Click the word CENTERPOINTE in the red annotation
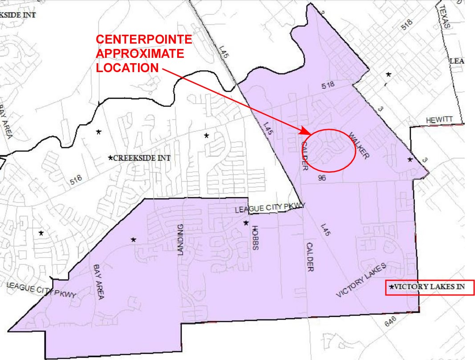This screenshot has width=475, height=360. tap(144, 40)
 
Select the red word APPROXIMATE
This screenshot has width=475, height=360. tap(140, 54)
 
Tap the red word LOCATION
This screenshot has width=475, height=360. tap(127, 68)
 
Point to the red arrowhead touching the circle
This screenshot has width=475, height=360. tap(306, 132)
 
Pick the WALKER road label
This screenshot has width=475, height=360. tap(359, 146)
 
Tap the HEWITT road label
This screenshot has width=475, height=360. tap(438, 120)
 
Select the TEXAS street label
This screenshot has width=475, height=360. tap(445, 17)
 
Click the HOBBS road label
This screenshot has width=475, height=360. tap(255, 238)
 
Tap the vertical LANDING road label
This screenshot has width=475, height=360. tap(181, 240)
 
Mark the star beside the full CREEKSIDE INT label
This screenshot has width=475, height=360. tap(110, 158)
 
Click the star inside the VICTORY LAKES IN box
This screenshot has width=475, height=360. tap(391, 287)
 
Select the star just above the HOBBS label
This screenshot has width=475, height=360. tap(245, 222)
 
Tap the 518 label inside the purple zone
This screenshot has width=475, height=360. tap(329, 84)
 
